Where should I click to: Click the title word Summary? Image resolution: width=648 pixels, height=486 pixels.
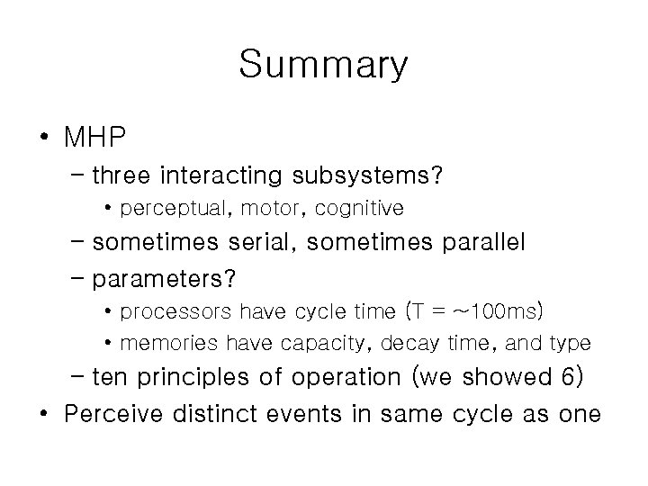click(323, 66)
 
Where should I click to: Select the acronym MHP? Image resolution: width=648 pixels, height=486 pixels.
click(94, 139)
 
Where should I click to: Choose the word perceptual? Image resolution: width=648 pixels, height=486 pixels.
click(168, 209)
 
